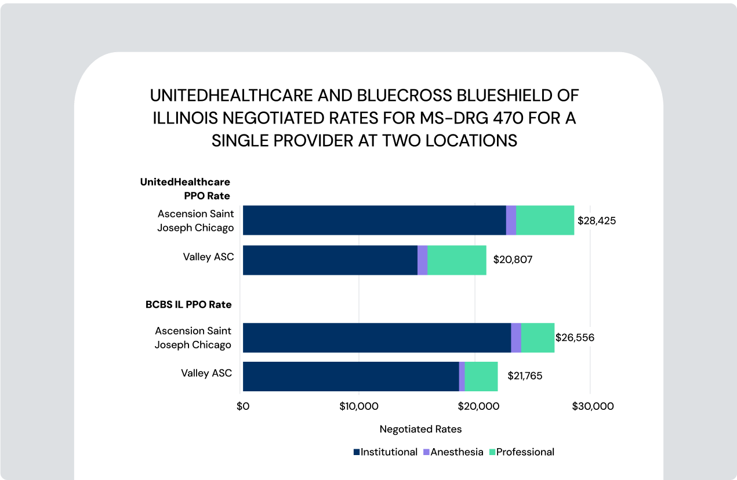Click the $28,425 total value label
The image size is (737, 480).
coord(597,221)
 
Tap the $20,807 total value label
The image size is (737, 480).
coord(513,260)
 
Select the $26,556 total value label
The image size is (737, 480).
coord(575,337)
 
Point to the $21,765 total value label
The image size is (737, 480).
coord(525,376)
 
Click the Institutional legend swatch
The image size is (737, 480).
coord(357,452)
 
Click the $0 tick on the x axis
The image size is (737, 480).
coord(243,406)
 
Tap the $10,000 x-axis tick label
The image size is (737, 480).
coord(358,406)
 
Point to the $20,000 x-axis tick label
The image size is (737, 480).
coord(474,406)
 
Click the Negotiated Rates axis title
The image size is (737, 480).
coord(420,430)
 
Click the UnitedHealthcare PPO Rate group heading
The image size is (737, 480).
coord(186,189)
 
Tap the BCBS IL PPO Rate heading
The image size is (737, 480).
coord(188,304)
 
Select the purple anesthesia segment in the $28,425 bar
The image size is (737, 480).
coord(511,220)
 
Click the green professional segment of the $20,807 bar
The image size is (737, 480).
coord(457,260)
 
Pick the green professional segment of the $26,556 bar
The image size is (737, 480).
coord(538,337)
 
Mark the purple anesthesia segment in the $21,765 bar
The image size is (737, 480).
coord(462,376)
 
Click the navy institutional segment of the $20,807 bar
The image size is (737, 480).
coord(330,260)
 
